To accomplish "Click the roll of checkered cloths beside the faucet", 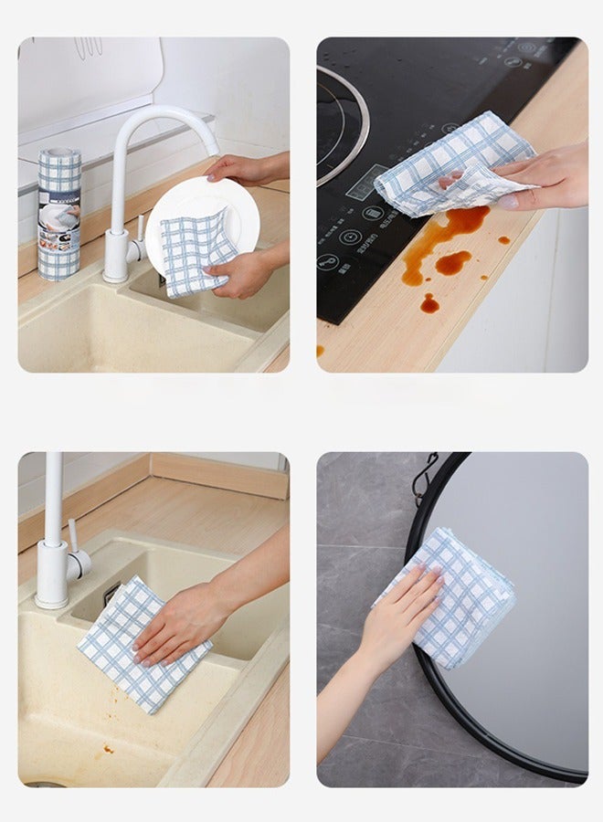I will point(59,214).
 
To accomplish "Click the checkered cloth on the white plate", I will point(196,250).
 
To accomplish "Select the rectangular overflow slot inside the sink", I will point(111,595).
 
